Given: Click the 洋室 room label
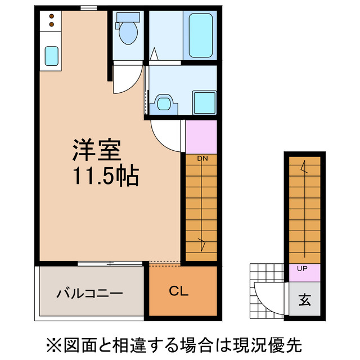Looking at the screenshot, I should (x=96, y=151).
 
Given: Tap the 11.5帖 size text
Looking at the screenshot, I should (x=105, y=177).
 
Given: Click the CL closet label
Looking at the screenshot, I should (x=179, y=291).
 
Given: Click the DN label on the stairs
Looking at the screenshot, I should (x=202, y=159).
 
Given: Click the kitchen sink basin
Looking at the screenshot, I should (x=51, y=56).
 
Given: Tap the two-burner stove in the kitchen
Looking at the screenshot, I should (x=51, y=21).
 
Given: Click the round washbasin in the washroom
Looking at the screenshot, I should (x=164, y=103).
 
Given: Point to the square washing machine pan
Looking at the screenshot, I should (x=204, y=102).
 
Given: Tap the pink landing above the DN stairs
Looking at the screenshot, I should (x=201, y=137).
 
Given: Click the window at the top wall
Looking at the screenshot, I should (x=88, y=8).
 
